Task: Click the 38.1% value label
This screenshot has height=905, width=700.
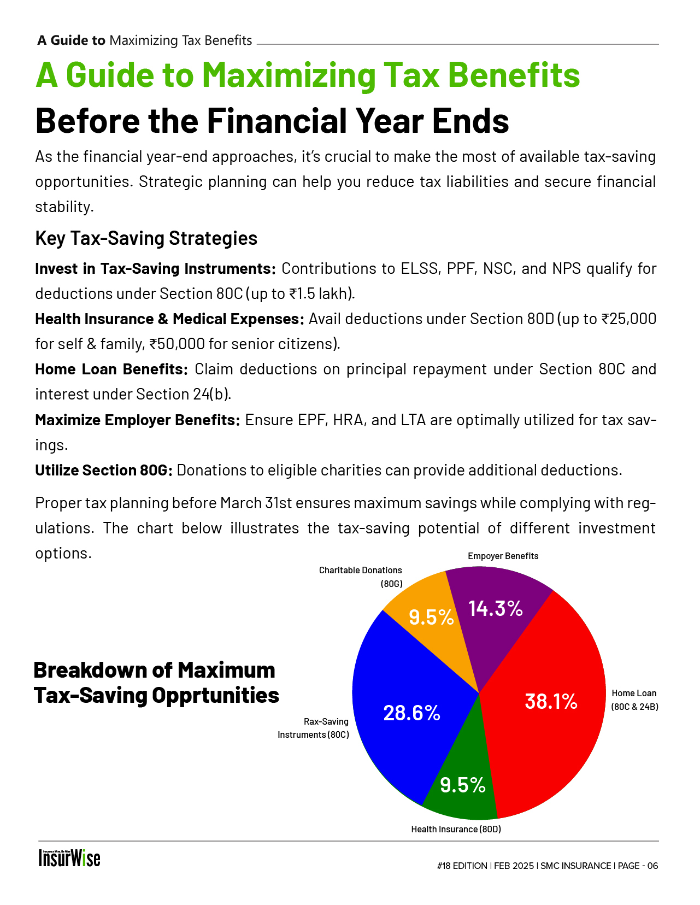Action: point(551,701)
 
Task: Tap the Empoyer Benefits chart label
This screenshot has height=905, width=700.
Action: point(503,556)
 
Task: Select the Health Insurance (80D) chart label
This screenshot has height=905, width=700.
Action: point(456,829)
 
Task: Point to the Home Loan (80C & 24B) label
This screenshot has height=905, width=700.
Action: point(634,700)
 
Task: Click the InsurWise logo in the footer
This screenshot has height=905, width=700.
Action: point(69,858)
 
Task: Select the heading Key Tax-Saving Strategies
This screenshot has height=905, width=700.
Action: point(146,238)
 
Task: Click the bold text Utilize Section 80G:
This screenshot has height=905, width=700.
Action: point(104,470)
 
